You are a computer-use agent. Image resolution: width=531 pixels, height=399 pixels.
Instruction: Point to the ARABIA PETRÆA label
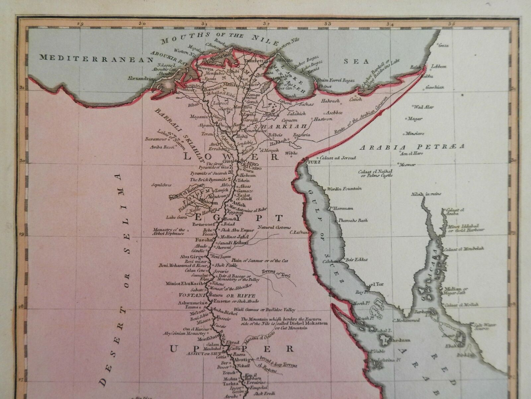(413, 147)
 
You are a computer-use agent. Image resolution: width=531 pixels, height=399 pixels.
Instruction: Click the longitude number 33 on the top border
(328, 24)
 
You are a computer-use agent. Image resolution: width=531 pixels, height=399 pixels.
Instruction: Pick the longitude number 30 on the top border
(143, 24)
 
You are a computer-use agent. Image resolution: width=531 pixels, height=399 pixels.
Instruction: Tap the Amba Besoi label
(162, 147)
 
